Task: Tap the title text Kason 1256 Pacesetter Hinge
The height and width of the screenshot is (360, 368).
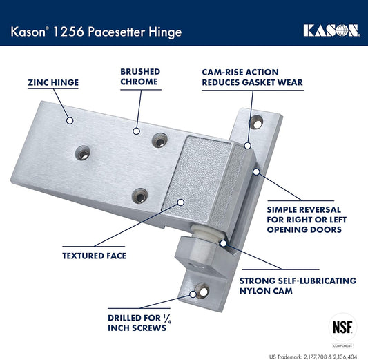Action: point(96,30)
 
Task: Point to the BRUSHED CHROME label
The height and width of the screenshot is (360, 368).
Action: point(140,76)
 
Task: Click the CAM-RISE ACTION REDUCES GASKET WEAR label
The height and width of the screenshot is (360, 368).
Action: point(251,77)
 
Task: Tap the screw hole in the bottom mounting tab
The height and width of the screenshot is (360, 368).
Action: point(202,291)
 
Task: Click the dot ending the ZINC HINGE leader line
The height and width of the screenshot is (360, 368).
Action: point(69,120)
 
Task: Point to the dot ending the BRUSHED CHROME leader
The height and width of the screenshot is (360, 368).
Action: point(138,130)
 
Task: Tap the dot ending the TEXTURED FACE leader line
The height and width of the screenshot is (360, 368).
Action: point(180,202)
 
